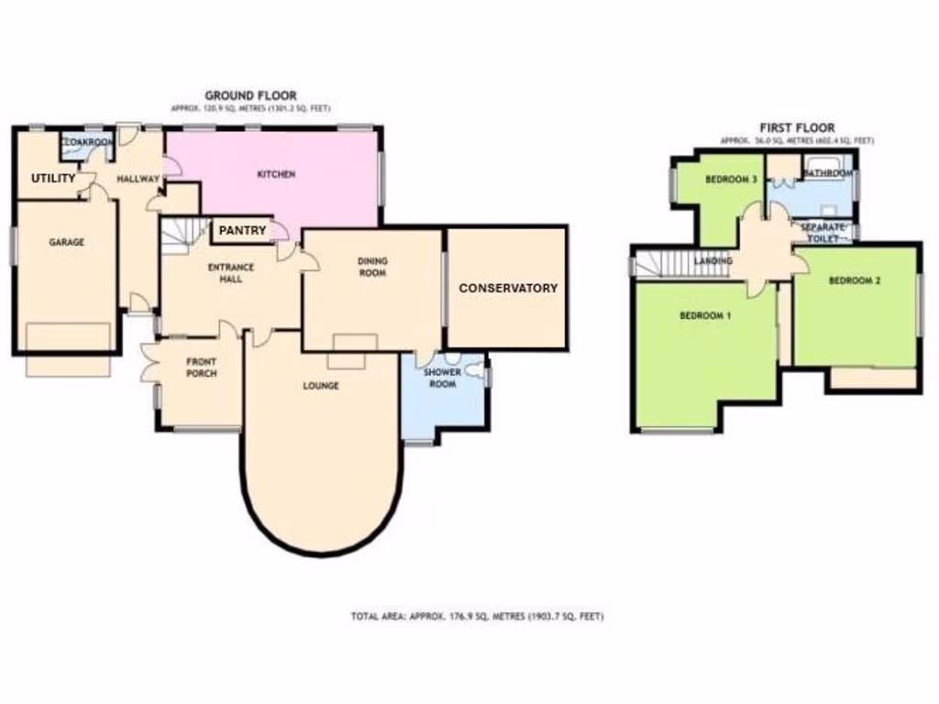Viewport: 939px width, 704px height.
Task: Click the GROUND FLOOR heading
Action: click(249, 95)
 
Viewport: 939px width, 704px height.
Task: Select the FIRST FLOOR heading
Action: click(797, 128)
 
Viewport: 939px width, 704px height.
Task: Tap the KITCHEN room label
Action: click(275, 174)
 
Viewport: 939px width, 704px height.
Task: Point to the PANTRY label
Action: click(243, 230)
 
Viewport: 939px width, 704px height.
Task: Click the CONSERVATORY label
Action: click(508, 288)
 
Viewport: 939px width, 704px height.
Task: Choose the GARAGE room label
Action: click(67, 243)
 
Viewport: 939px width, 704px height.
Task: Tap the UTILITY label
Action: click(54, 178)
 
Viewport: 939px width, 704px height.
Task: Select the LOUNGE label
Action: click(321, 386)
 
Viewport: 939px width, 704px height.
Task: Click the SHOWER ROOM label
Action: click(441, 379)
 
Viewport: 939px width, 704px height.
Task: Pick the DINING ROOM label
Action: click(373, 267)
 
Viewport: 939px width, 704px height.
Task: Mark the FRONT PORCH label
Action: click(200, 367)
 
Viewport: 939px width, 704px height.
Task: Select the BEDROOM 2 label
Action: click(855, 281)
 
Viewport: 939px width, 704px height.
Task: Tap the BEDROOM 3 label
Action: click(731, 181)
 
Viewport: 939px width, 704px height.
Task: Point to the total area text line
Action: click(477, 617)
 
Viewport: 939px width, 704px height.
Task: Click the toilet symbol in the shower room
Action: click(475, 371)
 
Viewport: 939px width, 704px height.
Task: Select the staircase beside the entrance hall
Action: click(181, 236)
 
